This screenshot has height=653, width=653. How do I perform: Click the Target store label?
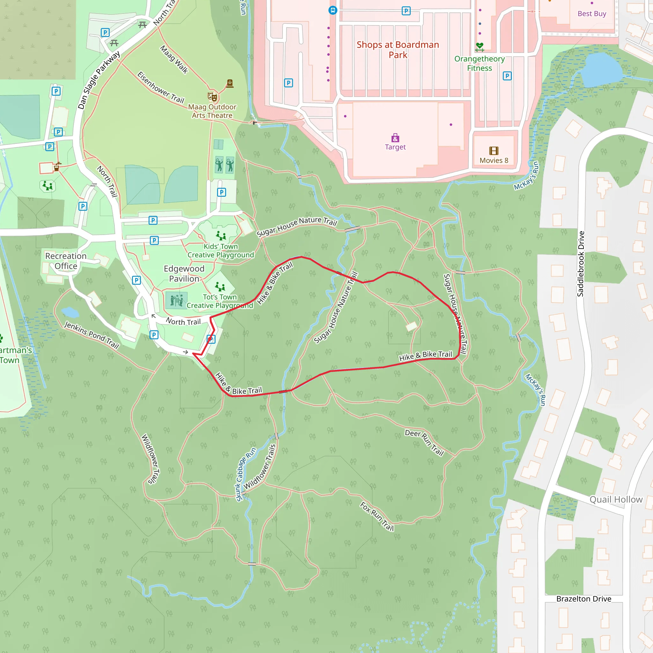tap(395, 147)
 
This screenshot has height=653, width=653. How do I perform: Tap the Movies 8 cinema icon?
tap(494, 151)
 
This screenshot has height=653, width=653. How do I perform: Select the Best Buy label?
tap(592, 13)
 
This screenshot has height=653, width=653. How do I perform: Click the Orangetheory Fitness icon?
tap(480, 47)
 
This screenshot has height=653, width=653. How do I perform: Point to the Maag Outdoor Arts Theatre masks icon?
tap(212, 97)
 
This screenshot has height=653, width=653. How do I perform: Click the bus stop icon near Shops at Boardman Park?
tap(333, 10)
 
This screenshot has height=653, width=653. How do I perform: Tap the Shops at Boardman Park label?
tap(398, 50)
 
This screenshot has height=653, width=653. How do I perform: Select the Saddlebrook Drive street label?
tap(580, 264)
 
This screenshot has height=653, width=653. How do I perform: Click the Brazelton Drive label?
tap(584, 598)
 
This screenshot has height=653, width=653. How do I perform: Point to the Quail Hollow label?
tap(616, 500)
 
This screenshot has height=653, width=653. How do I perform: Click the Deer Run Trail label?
tap(424, 443)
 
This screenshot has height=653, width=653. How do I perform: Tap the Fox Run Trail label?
tap(377, 516)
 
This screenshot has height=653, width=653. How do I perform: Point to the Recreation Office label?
tap(66, 261)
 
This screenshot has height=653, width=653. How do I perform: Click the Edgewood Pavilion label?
tap(184, 274)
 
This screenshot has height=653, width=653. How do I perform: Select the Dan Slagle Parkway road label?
tap(99, 80)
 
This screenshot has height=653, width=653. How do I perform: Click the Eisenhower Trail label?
tap(161, 87)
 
